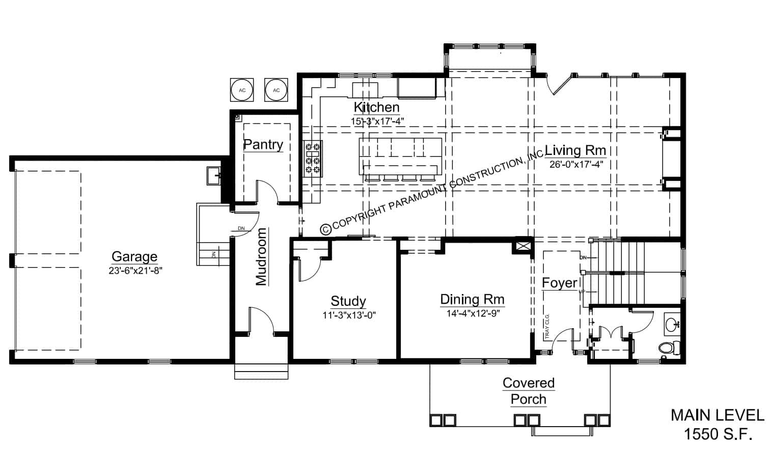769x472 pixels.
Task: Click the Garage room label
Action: tap(134, 256)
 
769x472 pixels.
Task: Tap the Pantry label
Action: tap(263, 144)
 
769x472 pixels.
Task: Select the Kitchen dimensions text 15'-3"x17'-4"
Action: tap(377, 121)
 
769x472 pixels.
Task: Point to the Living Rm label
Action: tap(575, 150)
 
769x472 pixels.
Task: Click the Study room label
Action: tap(348, 301)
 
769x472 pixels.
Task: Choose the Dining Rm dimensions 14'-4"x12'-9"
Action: tap(473, 313)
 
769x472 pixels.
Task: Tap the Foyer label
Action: tap(559, 283)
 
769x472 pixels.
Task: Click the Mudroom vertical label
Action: tap(261, 256)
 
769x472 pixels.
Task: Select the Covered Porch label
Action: tap(528, 391)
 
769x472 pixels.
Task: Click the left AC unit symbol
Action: tap(242, 90)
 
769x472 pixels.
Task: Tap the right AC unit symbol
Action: tap(276, 90)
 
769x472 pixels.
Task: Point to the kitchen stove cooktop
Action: tap(312, 158)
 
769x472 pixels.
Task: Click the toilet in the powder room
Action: tap(669, 348)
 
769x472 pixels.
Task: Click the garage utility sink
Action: tap(214, 176)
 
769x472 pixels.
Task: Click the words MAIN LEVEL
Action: tap(717, 415)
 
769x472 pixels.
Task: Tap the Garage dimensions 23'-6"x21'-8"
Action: tap(135, 271)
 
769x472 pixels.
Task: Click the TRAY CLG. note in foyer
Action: tap(547, 326)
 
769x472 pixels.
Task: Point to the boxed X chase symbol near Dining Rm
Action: tap(523, 246)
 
